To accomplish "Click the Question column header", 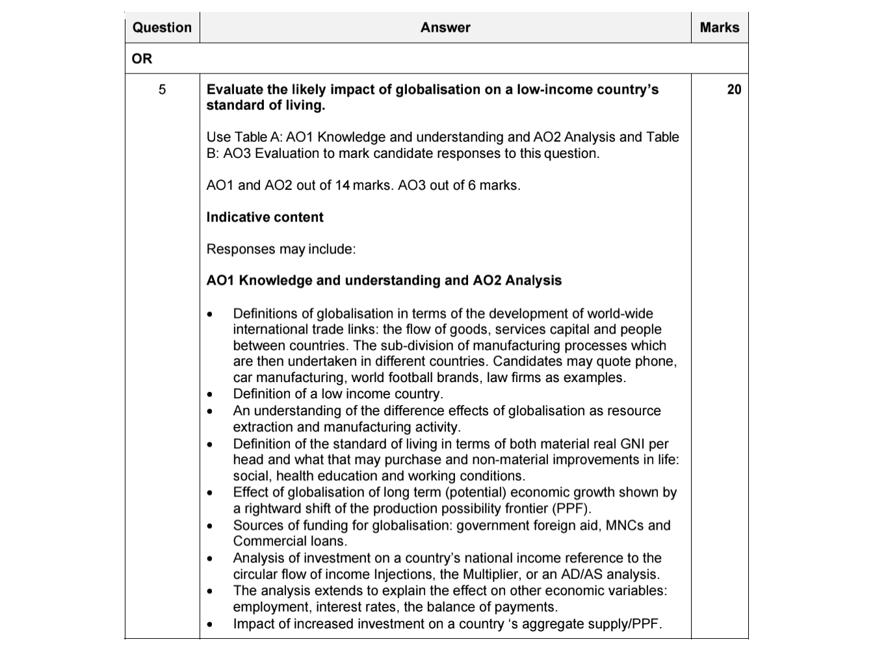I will [x=162, y=27].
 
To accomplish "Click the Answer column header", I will [x=445, y=27].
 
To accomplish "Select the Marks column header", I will [x=719, y=27].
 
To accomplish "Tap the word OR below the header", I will [x=142, y=58].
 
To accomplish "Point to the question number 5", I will [x=162, y=90].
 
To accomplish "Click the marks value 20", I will [x=733, y=90].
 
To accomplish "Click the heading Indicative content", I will [x=265, y=217].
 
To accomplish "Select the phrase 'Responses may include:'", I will [x=281, y=249].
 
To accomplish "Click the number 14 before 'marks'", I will [x=342, y=185].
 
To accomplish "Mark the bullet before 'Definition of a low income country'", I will [x=209, y=394].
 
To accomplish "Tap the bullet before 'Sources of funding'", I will [x=209, y=526].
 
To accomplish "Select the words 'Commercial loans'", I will [x=290, y=541].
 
